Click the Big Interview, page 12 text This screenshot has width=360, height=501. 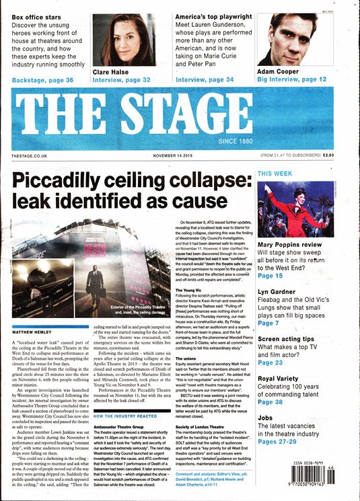[292, 80]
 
